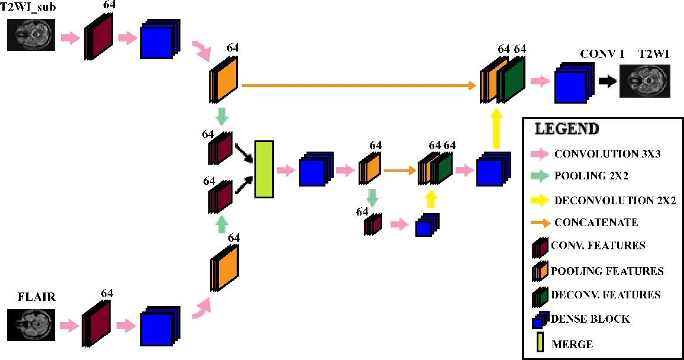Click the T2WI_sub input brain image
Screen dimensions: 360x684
34,35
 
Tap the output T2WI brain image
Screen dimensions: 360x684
645,81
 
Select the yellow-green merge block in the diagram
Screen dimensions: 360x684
263,169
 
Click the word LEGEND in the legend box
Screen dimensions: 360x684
566,129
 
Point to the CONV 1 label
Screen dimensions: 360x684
602,54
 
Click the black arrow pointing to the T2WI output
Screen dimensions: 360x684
606,82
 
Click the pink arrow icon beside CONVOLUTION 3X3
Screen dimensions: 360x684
540,155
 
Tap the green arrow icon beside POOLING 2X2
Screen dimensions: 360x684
540,176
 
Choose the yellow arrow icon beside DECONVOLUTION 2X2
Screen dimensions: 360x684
540,200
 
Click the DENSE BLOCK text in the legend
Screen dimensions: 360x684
590,319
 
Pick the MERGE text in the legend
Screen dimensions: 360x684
572,344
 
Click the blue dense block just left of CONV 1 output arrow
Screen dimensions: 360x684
571,85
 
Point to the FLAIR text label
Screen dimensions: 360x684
36,297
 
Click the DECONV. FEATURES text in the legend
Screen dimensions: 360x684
606,294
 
